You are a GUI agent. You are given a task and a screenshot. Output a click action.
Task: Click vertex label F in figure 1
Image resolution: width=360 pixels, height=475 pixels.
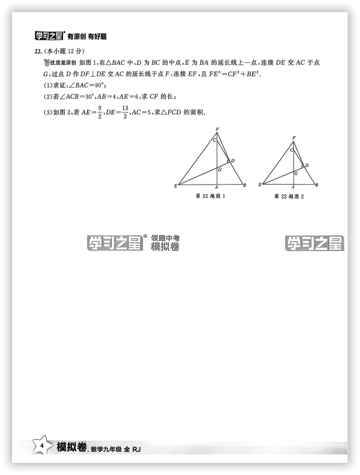217,129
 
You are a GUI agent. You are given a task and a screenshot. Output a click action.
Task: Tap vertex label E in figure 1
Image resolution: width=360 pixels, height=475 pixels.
175,186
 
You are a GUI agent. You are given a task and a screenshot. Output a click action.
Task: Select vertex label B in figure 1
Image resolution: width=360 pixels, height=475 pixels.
244,186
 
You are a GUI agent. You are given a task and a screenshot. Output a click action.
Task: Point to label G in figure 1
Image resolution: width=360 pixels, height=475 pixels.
220,170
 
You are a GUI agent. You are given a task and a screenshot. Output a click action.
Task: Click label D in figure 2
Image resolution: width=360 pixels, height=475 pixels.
307,165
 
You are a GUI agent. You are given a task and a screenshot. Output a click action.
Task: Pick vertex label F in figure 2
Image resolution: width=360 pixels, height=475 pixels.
294,139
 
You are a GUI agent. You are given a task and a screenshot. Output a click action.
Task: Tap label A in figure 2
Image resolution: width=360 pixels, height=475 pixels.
293,188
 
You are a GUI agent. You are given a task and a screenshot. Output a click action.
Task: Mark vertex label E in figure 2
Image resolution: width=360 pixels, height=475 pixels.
260,185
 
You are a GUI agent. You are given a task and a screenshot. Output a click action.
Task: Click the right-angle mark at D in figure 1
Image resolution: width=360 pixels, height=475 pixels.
228,162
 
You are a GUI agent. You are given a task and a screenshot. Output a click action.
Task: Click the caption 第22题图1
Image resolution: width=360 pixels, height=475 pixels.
211,196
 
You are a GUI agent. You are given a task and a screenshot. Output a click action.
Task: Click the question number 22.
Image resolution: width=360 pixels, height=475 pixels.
38,52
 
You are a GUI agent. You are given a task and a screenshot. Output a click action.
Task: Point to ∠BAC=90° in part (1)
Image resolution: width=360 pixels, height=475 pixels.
82,85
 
